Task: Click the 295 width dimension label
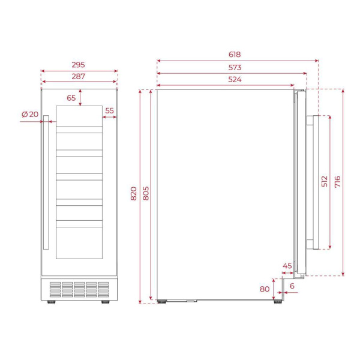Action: (x=79, y=64)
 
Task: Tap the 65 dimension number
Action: (x=71, y=97)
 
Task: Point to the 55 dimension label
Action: (x=109, y=110)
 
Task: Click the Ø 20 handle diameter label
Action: (x=29, y=114)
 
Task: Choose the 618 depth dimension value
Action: (x=238, y=54)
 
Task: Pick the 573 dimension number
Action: (x=234, y=68)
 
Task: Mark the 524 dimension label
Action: (x=226, y=80)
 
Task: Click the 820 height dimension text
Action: (x=133, y=193)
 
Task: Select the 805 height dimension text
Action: (x=146, y=193)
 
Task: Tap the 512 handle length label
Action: (x=324, y=182)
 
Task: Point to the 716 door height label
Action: (x=338, y=182)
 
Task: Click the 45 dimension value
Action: (x=287, y=266)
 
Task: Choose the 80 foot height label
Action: (x=265, y=289)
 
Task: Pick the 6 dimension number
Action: (x=292, y=286)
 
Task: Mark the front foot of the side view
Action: (x=278, y=301)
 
